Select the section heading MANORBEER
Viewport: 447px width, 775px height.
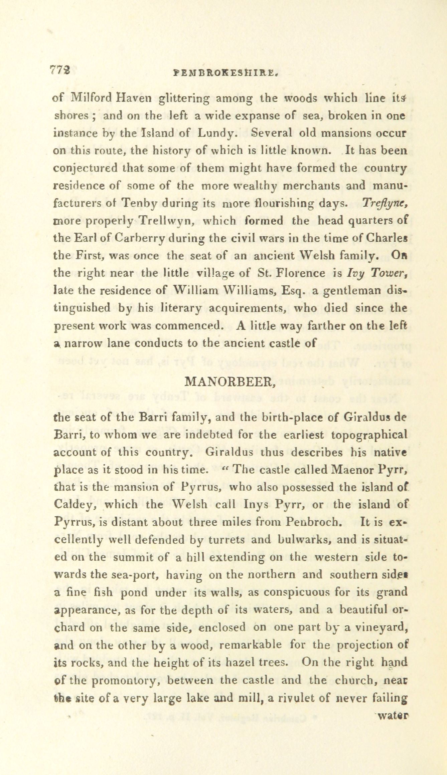point(230,381)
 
